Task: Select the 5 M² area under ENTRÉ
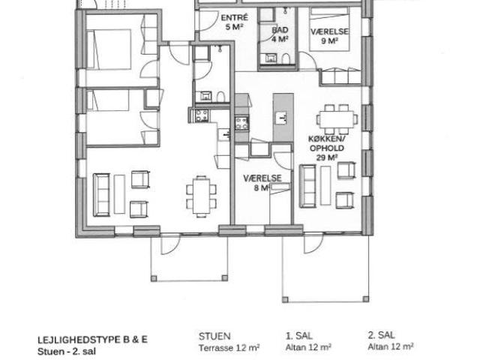pos(236,27)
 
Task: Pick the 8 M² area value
pos(260,189)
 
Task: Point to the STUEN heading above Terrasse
pos(214,336)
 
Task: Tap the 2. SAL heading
pos(382,336)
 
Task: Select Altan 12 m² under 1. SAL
pos(310,347)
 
